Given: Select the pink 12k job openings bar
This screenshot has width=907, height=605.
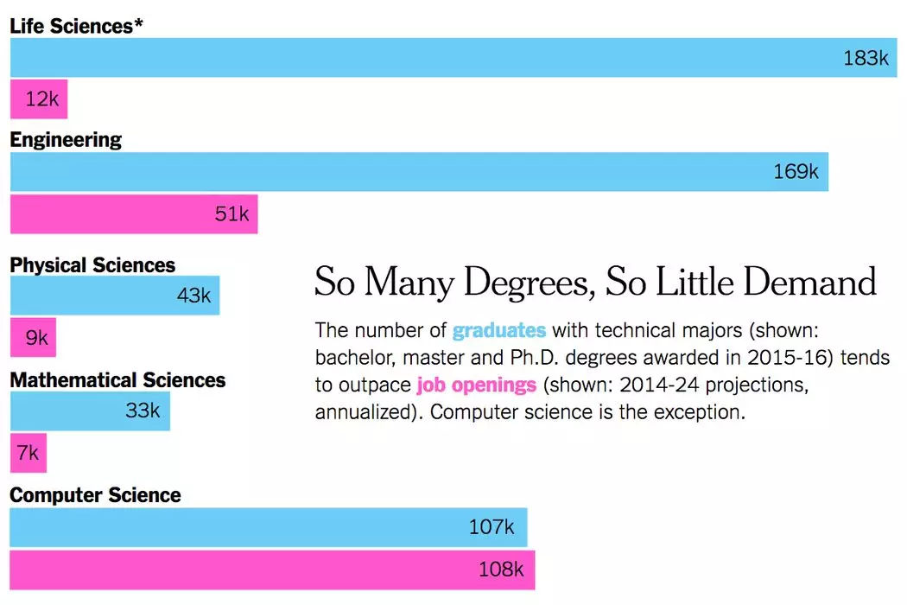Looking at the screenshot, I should (x=38, y=99).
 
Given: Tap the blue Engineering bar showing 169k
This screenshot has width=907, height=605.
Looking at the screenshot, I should (x=418, y=172).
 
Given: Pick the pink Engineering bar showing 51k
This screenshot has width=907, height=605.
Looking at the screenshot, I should (x=133, y=214).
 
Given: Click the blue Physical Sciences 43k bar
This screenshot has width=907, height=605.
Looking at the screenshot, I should (x=114, y=296).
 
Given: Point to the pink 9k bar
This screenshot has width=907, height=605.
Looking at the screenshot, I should (x=33, y=338).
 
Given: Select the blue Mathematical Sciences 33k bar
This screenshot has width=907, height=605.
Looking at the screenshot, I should (x=90, y=411).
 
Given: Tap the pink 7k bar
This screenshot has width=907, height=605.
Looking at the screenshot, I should (x=28, y=453).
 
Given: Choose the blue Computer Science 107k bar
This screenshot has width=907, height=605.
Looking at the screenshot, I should (x=268, y=526).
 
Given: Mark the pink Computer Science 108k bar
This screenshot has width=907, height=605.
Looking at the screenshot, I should (x=272, y=570).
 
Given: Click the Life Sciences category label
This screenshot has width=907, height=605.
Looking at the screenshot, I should (x=76, y=26).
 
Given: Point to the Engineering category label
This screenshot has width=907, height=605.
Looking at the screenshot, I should (x=66, y=140).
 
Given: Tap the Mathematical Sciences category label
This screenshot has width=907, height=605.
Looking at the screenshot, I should (x=117, y=380).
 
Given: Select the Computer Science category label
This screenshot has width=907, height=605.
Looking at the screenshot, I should (x=95, y=495).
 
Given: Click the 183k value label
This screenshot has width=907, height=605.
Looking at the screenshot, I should (x=866, y=58).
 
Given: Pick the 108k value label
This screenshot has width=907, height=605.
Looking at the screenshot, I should (x=501, y=570).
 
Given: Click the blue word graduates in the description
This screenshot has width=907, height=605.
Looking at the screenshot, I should (x=499, y=330).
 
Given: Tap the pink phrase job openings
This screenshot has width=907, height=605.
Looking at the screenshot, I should (x=476, y=384).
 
